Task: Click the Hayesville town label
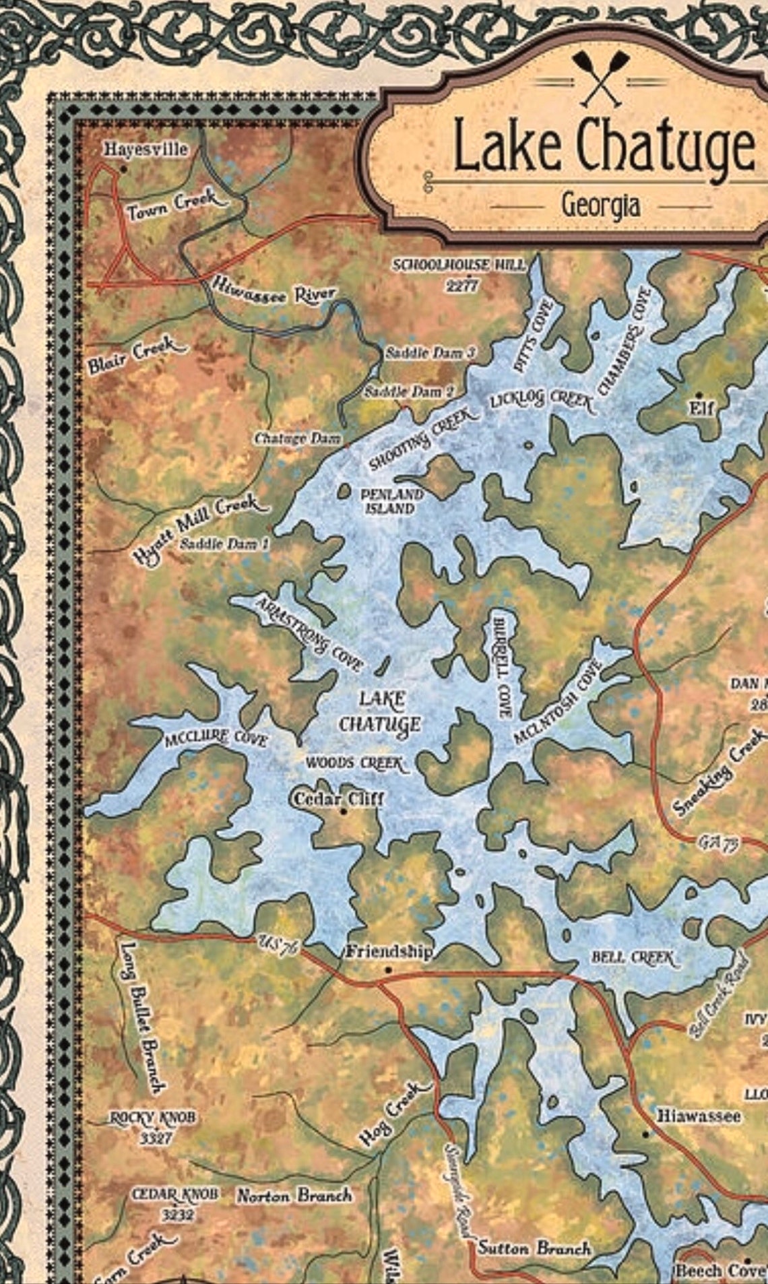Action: point(146,149)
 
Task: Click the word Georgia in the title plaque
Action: point(600,205)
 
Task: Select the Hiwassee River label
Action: point(274,292)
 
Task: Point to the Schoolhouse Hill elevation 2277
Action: point(462,286)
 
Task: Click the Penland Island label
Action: point(391,501)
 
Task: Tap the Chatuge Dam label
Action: point(297,439)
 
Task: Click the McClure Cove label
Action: point(216,739)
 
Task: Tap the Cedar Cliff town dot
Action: point(344,812)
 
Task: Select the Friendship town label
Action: point(389,952)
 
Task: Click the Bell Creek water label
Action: point(633,957)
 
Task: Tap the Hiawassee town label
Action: point(699,1116)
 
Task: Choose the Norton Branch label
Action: point(294,1196)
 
